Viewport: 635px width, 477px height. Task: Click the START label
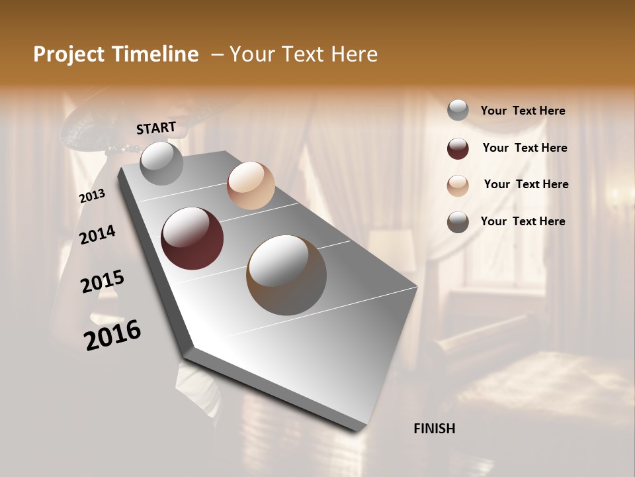[x=156, y=128]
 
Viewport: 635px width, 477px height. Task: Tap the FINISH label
[x=434, y=429]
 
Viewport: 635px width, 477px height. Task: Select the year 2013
[x=92, y=196]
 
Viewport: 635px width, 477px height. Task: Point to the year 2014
[x=97, y=235]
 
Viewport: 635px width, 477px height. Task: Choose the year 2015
[x=103, y=282]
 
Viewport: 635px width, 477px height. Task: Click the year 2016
[x=112, y=335]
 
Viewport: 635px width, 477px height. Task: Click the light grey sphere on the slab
[x=161, y=163]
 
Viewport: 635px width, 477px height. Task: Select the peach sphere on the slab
[x=251, y=185]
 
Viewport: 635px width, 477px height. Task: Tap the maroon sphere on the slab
[x=192, y=238]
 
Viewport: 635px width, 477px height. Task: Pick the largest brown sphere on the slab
[x=286, y=275]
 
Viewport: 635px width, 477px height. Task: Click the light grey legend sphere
[x=458, y=111]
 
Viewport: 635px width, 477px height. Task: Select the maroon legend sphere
[x=458, y=148]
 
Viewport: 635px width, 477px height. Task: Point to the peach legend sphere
[x=458, y=185]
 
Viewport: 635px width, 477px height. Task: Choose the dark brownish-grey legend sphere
[x=458, y=222]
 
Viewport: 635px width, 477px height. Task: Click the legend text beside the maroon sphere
[x=525, y=148]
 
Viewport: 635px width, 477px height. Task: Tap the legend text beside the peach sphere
[x=526, y=184]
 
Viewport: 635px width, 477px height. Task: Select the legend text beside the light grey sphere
[x=523, y=111]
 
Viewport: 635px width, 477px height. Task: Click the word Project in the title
[x=69, y=54]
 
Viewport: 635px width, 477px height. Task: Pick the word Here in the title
[x=354, y=54]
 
